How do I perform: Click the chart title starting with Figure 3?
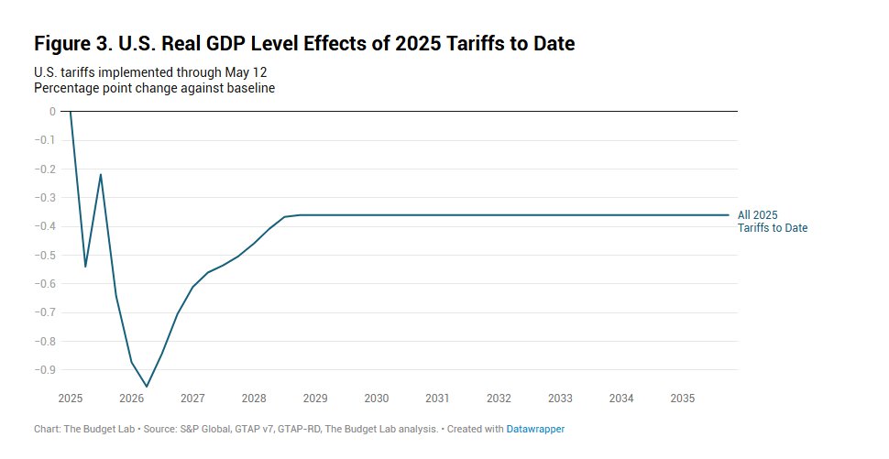pyautogui.click(x=304, y=43)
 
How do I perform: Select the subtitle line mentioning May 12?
pyautogui.click(x=150, y=71)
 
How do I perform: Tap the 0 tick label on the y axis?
pyautogui.click(x=52, y=112)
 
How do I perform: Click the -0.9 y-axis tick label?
pyautogui.click(x=46, y=369)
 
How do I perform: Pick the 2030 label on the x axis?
pyautogui.click(x=377, y=399)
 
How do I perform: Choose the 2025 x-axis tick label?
pyautogui.click(x=71, y=399)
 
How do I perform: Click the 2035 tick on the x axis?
pyautogui.click(x=682, y=399)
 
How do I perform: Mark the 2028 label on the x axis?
pyautogui.click(x=254, y=399)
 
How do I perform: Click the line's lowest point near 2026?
pyautogui.click(x=147, y=387)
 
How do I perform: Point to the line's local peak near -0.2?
pyautogui.click(x=101, y=174)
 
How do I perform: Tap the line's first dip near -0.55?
pyautogui.click(x=85, y=267)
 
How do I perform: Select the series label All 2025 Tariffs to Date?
pyautogui.click(x=772, y=221)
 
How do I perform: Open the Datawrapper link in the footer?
pyautogui.click(x=535, y=429)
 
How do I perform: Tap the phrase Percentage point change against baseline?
pyautogui.click(x=154, y=88)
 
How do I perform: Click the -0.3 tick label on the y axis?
pyautogui.click(x=46, y=198)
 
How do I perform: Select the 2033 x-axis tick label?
pyautogui.click(x=560, y=399)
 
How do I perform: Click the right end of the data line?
pyautogui.click(x=729, y=215)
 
